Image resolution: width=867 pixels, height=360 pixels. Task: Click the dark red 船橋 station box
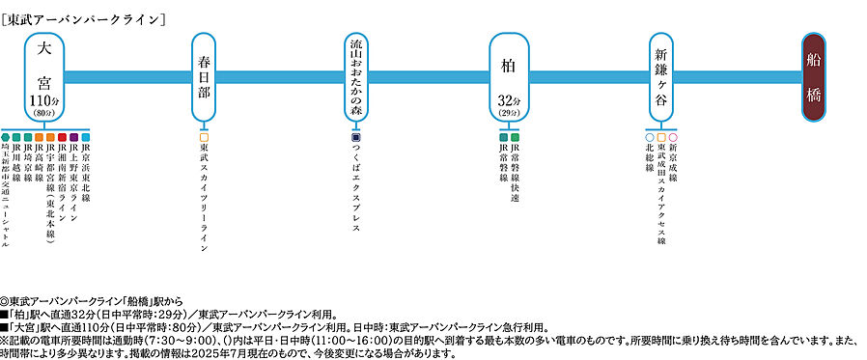(x=824, y=76)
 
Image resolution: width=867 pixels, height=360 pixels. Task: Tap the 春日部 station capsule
(x=203, y=75)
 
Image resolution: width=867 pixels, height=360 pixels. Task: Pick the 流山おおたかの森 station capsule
(x=356, y=75)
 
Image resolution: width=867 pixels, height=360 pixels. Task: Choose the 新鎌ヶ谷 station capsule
(x=661, y=75)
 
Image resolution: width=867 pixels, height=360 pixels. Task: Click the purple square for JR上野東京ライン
(x=74, y=137)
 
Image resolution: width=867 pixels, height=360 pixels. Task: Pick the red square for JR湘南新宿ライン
(x=63, y=137)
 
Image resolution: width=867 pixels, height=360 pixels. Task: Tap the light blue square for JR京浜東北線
(x=86, y=137)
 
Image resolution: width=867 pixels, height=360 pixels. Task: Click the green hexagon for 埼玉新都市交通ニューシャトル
(x=6, y=137)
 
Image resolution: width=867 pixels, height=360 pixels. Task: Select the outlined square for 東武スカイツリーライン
(x=204, y=137)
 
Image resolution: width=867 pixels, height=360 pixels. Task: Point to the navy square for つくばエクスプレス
(x=356, y=137)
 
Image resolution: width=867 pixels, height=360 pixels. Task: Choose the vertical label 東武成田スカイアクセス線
(x=661, y=193)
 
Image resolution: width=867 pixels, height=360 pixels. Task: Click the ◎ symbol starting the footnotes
(x=6, y=302)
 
